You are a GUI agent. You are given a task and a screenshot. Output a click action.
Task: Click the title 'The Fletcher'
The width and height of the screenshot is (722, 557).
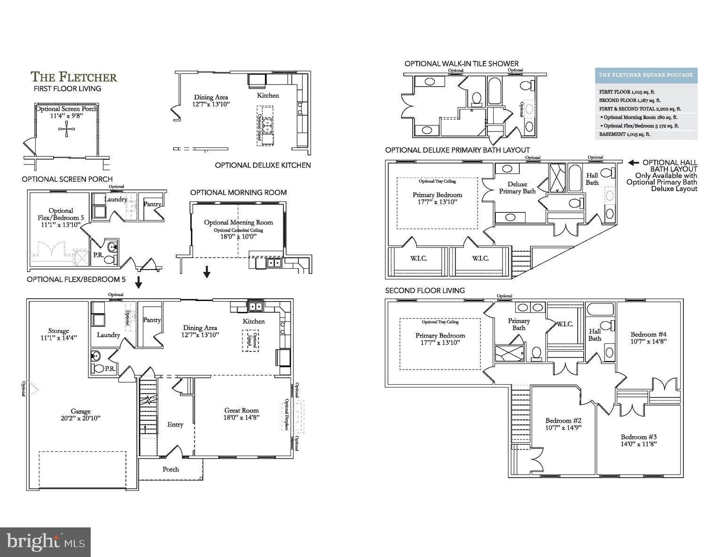click(x=74, y=77)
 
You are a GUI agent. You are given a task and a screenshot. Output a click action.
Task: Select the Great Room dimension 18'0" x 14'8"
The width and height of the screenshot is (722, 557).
click(x=242, y=417)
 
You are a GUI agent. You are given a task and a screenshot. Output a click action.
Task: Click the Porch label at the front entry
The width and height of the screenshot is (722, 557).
click(x=171, y=469)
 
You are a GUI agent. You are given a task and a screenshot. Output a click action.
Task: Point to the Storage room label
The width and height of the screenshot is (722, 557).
click(x=58, y=331)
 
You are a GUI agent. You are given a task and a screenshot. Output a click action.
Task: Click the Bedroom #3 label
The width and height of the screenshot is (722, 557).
click(x=638, y=436)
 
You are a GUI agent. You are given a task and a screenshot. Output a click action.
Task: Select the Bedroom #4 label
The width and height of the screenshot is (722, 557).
click(x=648, y=334)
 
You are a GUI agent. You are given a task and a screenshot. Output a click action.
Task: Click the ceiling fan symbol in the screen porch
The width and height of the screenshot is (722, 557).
click(x=66, y=129)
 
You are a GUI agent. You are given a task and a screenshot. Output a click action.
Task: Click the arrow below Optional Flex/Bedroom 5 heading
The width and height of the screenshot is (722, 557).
click(x=138, y=283)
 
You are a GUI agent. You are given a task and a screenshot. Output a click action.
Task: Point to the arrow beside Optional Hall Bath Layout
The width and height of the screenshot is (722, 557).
click(x=634, y=162)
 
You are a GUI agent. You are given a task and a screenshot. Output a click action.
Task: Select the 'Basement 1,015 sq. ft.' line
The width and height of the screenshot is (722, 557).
click(x=625, y=134)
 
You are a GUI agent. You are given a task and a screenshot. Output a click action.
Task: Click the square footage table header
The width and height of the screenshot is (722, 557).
click(x=645, y=75)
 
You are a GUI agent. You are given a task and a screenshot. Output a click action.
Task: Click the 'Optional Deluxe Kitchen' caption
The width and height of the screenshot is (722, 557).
click(x=262, y=165)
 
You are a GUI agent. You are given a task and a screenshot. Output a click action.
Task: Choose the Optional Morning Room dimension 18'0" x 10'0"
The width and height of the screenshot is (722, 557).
click(x=238, y=237)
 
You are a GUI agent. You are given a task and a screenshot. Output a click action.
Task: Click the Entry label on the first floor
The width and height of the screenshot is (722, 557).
click(x=175, y=425)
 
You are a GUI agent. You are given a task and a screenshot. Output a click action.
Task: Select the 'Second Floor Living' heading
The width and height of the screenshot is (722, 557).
click(x=424, y=290)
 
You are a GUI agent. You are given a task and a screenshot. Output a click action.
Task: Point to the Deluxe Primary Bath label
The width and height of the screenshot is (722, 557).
click(x=517, y=187)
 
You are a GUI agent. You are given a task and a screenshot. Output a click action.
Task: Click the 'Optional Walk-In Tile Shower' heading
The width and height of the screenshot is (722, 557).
click(x=461, y=63)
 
